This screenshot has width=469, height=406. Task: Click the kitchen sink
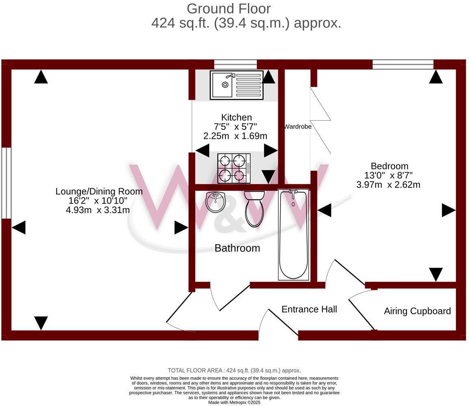click(x=236, y=85)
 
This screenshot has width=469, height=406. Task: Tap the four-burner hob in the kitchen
click(x=234, y=168)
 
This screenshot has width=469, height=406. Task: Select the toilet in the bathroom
click(x=255, y=209)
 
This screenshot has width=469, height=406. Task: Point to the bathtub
click(x=293, y=234)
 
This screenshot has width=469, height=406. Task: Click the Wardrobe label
click(x=297, y=127)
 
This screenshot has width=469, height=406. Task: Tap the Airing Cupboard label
click(x=417, y=311)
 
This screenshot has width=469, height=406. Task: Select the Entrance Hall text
click(x=309, y=309)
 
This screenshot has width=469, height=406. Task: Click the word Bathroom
click(x=237, y=248)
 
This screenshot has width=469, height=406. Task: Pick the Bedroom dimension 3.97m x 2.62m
click(x=388, y=185)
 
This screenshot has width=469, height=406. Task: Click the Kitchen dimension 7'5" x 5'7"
click(x=236, y=127)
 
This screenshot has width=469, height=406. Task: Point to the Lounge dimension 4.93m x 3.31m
click(x=98, y=210)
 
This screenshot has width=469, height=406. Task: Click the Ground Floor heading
click(x=228, y=9)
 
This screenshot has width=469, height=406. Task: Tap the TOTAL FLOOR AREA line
click(x=234, y=370)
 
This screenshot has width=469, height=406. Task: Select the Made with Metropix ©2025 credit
click(x=234, y=402)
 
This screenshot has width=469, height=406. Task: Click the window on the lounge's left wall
click(x=6, y=183)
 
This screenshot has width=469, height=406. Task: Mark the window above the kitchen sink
click(x=235, y=64)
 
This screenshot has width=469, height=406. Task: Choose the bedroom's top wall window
click(x=403, y=64)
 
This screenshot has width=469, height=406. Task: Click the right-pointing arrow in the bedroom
click(x=448, y=210)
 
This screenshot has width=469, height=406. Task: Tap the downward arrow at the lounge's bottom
click(x=41, y=323)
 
